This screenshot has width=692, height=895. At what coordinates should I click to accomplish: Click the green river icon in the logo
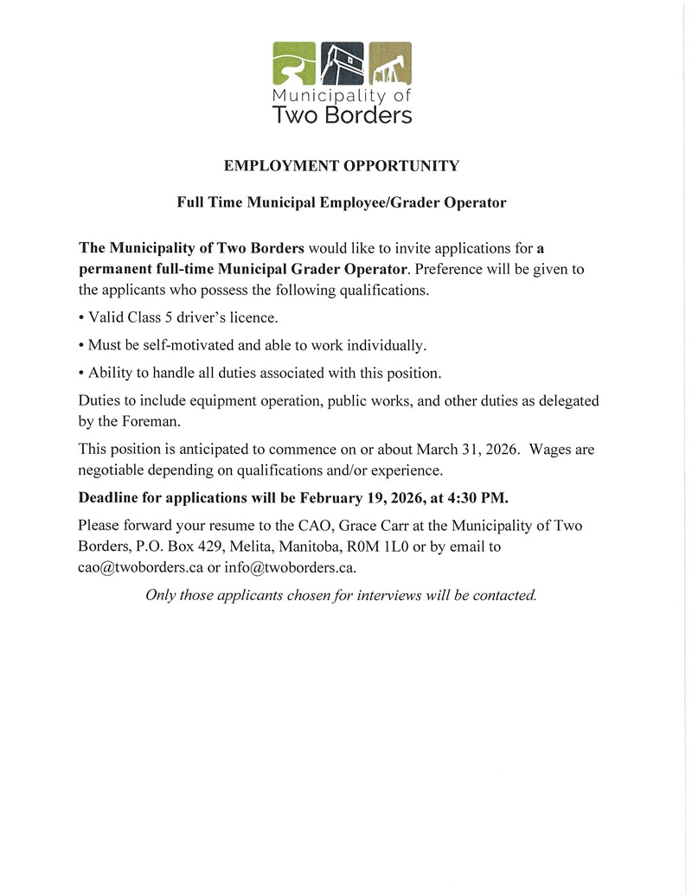tap(297, 63)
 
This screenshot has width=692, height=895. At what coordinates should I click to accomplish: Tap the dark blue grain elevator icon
tap(343, 63)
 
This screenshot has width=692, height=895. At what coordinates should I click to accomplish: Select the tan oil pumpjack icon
tap(390, 63)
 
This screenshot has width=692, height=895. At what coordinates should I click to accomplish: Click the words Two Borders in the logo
tap(343, 114)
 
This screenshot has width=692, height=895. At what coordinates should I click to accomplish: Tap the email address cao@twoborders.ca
tap(140, 568)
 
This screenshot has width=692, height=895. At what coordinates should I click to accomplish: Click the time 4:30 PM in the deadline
tap(477, 498)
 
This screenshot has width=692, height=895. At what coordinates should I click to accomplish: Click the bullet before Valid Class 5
tap(80, 318)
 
